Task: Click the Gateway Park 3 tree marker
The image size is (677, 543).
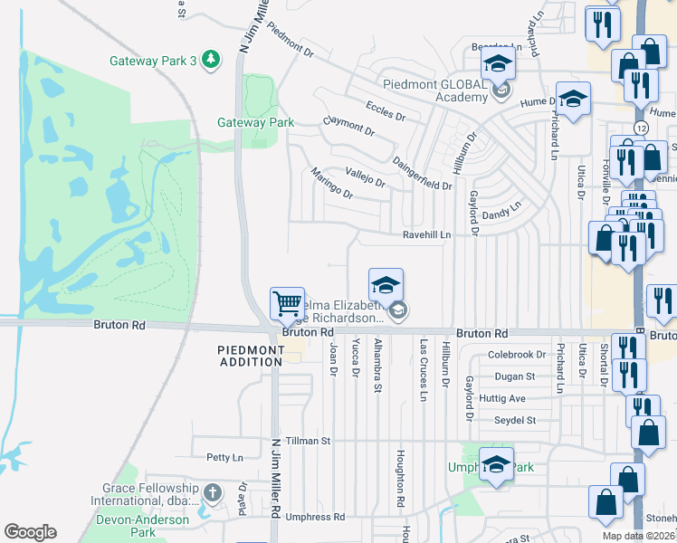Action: pos(211,60)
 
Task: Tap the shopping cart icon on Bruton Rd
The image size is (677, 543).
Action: pos(287,303)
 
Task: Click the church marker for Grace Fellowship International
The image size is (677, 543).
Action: pos(212,493)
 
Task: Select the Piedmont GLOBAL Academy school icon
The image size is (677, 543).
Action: pos(497,66)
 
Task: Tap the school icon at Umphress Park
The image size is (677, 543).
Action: pos(496,465)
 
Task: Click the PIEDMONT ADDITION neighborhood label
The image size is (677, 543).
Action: pos(250,356)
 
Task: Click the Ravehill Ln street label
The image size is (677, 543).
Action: pos(427,234)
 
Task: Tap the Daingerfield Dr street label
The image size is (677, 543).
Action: pos(423,174)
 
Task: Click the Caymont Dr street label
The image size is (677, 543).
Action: pos(348,127)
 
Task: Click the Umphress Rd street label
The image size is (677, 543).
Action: pos(315,518)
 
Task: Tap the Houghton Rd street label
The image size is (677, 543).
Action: pos(398,480)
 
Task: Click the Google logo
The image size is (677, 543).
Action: pos(31,531)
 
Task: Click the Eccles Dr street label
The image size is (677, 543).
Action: pos(386,110)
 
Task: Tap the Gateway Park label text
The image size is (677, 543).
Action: pos(256,122)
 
